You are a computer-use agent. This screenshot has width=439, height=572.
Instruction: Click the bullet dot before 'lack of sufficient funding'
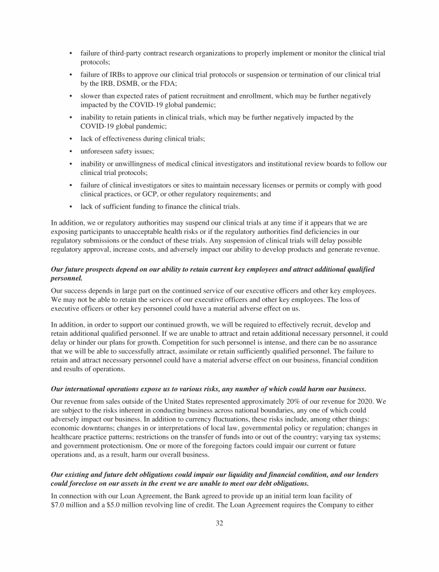[70, 206]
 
